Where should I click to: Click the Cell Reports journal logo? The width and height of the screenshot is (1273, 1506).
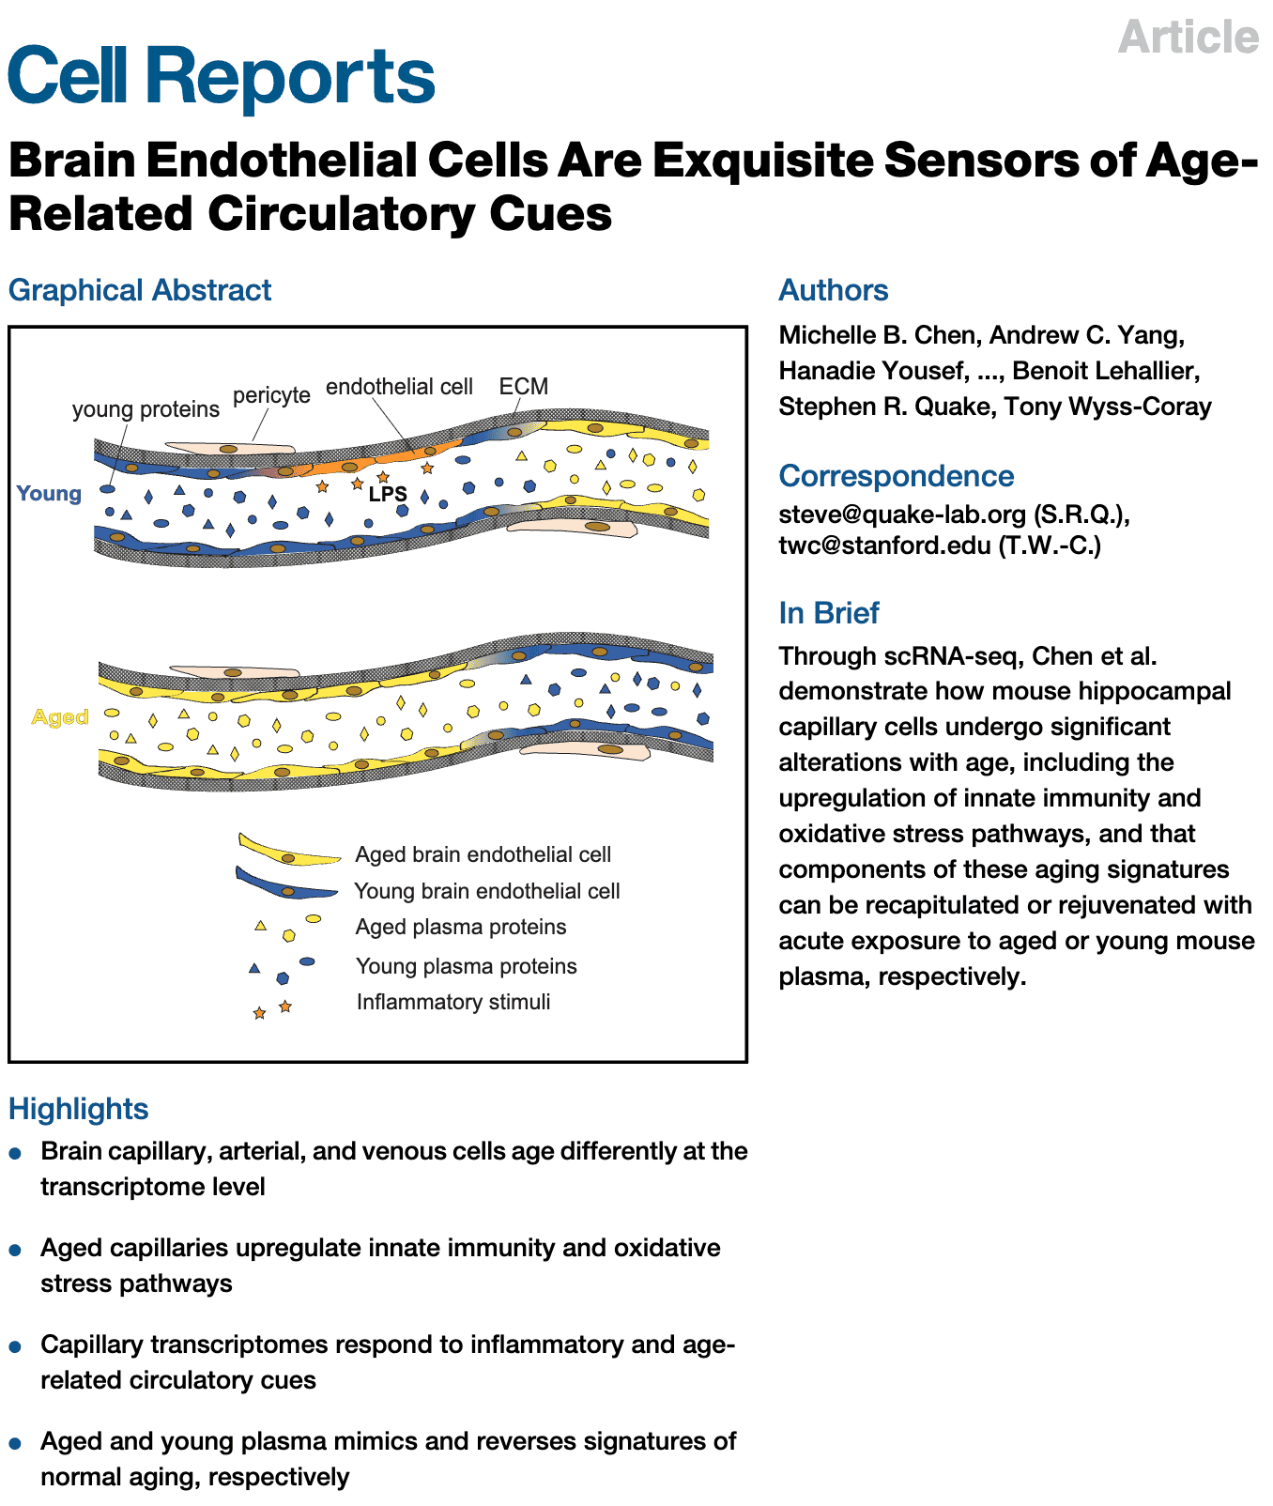[x=222, y=75]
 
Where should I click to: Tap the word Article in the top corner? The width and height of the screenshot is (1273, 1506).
[x=1188, y=38]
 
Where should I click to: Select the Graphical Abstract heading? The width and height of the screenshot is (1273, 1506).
[x=140, y=290]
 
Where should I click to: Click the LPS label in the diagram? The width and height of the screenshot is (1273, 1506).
[x=388, y=494]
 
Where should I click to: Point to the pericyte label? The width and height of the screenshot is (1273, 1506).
[x=271, y=394]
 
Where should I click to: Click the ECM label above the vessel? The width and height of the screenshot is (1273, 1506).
[x=523, y=387]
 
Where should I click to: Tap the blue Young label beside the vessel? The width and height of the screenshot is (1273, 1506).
[x=49, y=493]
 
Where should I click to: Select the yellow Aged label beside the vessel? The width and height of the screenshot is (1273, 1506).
[x=60, y=717]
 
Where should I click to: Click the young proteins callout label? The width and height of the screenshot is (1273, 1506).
[x=146, y=409]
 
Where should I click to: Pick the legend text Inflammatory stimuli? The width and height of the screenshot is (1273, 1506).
[x=453, y=1002]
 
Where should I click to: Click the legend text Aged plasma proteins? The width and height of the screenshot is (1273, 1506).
[x=461, y=927]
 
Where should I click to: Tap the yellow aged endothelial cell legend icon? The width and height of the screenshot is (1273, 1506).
[x=288, y=851]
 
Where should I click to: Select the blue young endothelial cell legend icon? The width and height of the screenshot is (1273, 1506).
[x=285, y=885]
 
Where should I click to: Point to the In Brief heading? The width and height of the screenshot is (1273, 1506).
[x=828, y=613]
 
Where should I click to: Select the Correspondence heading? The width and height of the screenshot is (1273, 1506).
[x=896, y=476]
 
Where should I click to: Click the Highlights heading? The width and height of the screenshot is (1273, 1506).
[x=78, y=1109]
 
